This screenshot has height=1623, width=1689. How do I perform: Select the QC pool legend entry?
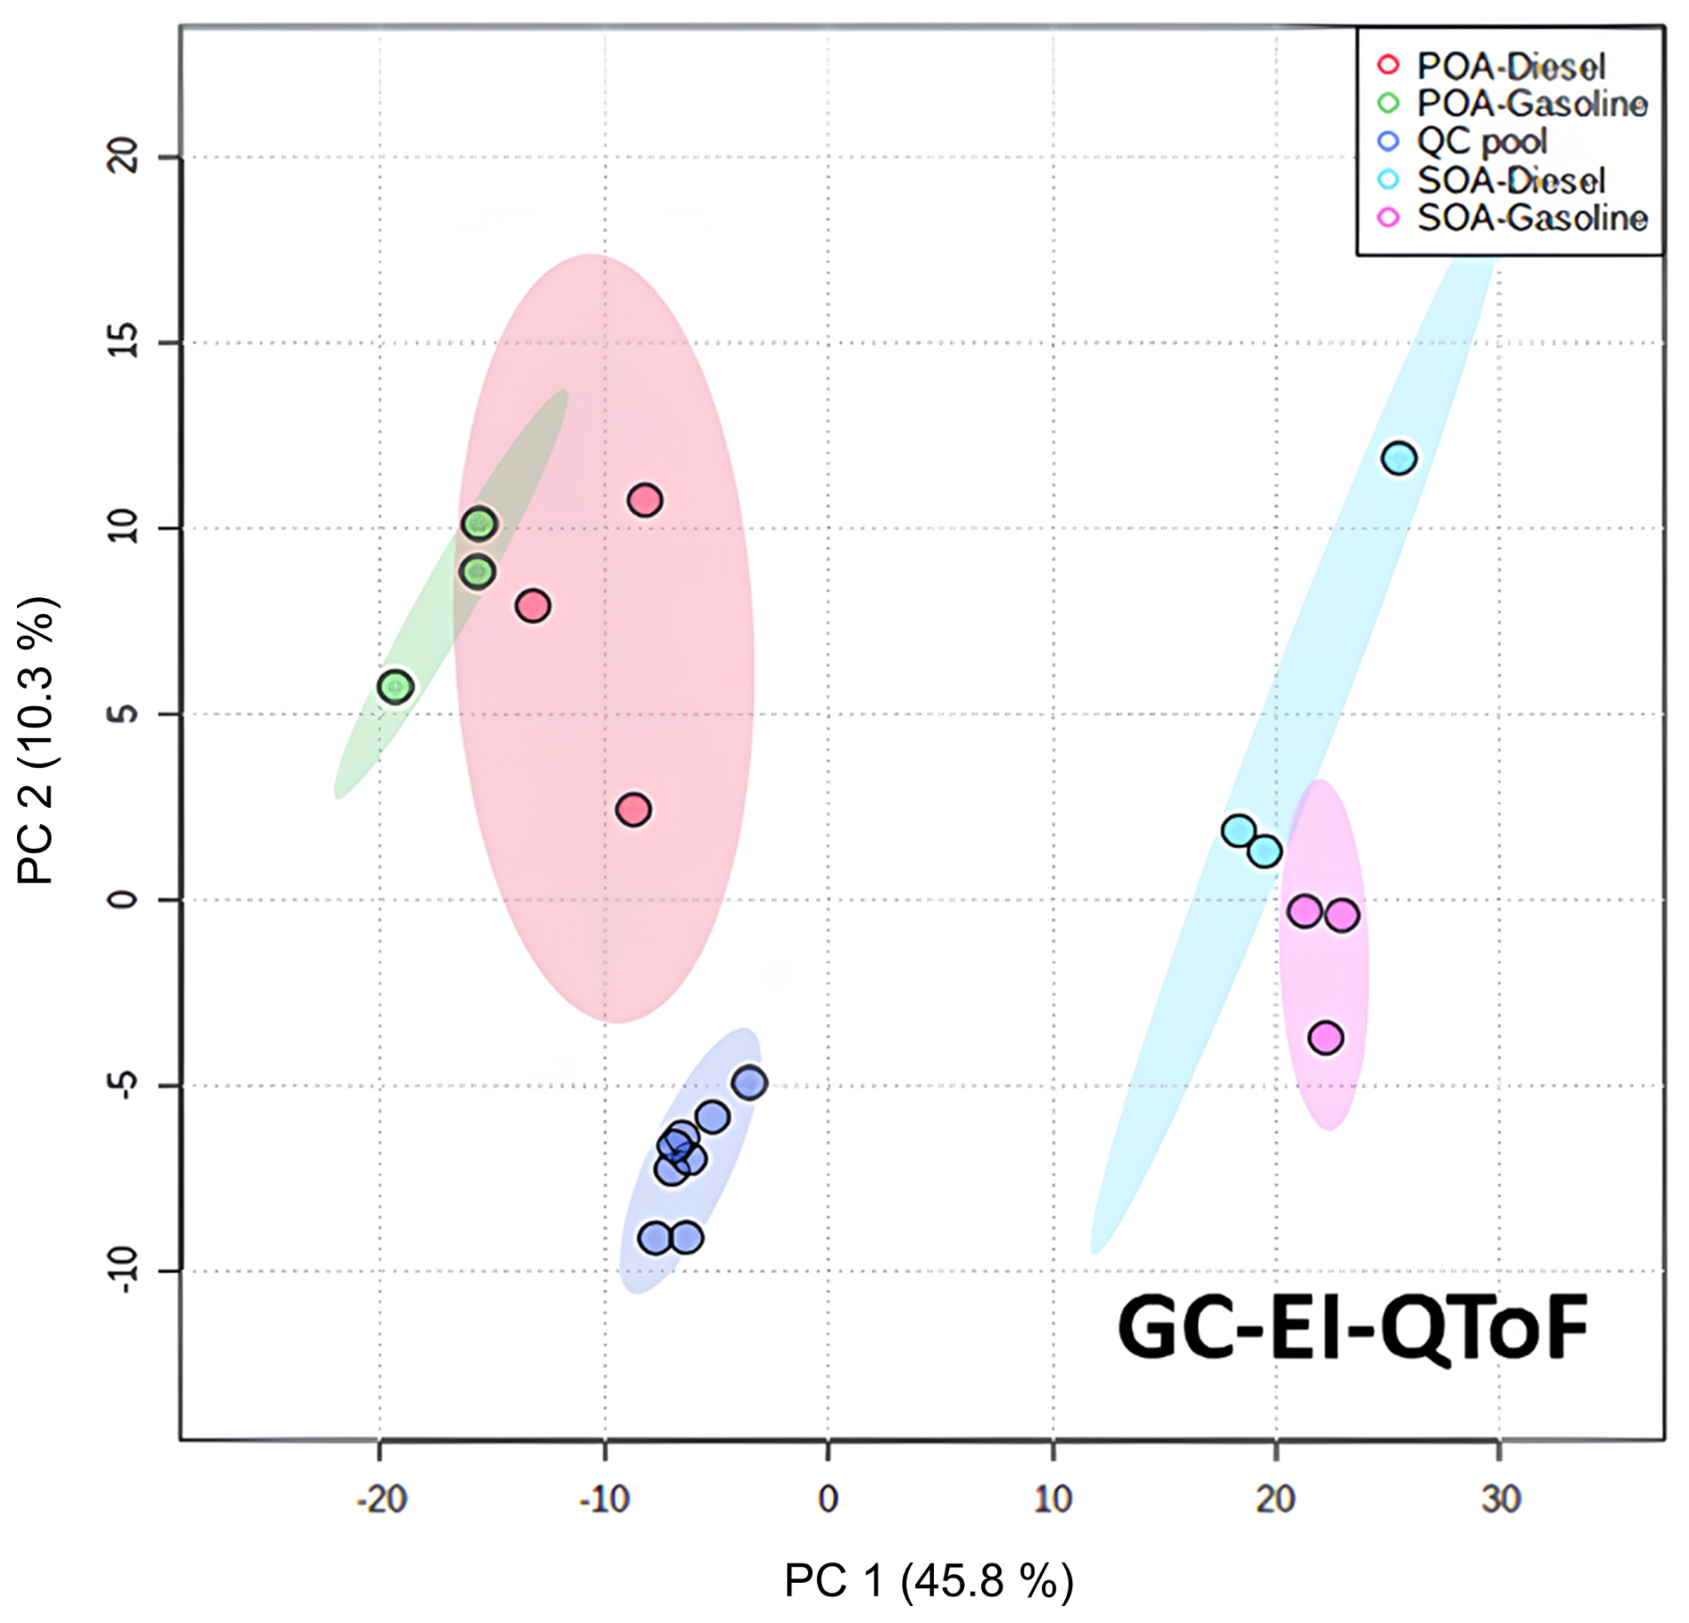(1482, 142)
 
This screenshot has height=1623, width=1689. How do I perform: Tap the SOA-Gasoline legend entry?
(1532, 218)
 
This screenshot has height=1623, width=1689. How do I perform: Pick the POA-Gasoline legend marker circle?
(1388, 104)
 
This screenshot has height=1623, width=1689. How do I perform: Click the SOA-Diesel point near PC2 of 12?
(1398, 459)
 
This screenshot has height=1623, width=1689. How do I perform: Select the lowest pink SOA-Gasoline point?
(1326, 1037)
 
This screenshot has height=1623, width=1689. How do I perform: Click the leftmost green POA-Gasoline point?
(395, 687)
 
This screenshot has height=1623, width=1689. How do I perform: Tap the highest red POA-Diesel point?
(645, 501)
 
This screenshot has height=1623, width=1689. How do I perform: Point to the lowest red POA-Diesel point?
(633, 810)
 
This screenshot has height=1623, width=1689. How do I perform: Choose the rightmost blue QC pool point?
(750, 1083)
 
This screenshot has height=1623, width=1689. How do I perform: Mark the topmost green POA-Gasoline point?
(479, 524)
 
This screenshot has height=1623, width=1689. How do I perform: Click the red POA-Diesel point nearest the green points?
(533, 607)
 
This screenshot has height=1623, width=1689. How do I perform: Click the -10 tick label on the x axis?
(604, 1500)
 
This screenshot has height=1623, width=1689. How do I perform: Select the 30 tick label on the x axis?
(1501, 1500)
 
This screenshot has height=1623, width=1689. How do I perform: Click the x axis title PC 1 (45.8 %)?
(928, 1581)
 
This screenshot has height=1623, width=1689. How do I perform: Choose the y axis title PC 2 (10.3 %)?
(37, 741)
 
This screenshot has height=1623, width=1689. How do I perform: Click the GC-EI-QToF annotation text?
(1352, 1329)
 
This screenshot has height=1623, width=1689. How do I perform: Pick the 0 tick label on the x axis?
(828, 1500)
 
